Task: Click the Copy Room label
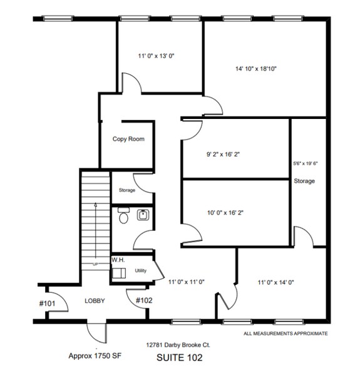(x=128, y=139)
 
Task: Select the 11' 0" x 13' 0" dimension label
(x=156, y=56)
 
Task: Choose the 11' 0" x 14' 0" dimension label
(x=275, y=282)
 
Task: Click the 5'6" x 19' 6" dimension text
(x=306, y=163)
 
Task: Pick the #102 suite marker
(x=145, y=300)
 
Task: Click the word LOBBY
(x=95, y=301)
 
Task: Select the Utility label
(x=140, y=271)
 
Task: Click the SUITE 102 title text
(x=182, y=358)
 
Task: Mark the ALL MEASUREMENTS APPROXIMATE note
(x=285, y=334)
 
